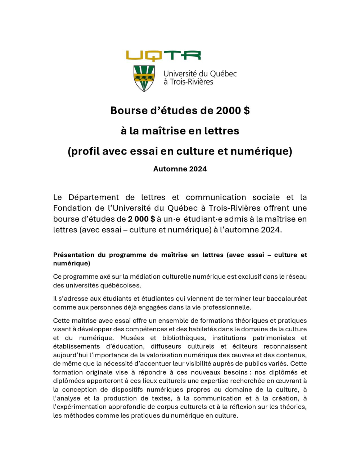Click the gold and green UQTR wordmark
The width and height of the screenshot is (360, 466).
click(163, 56)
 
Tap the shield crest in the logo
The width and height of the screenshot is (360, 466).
click(144, 78)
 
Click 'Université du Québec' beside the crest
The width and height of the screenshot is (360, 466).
click(200, 74)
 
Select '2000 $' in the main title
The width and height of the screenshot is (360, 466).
click(233, 111)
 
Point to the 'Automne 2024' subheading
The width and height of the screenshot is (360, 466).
click(180, 169)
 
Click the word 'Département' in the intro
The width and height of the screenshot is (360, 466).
click(94, 197)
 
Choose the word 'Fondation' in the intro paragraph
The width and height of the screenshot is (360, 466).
click(71, 208)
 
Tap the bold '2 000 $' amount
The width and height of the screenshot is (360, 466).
click(141, 219)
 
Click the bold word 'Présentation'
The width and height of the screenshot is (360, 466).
click(73, 255)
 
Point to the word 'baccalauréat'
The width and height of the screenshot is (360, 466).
click(286, 299)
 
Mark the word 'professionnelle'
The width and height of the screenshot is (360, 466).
click(228, 307)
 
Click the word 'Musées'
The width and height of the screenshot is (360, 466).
click(132, 338)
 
